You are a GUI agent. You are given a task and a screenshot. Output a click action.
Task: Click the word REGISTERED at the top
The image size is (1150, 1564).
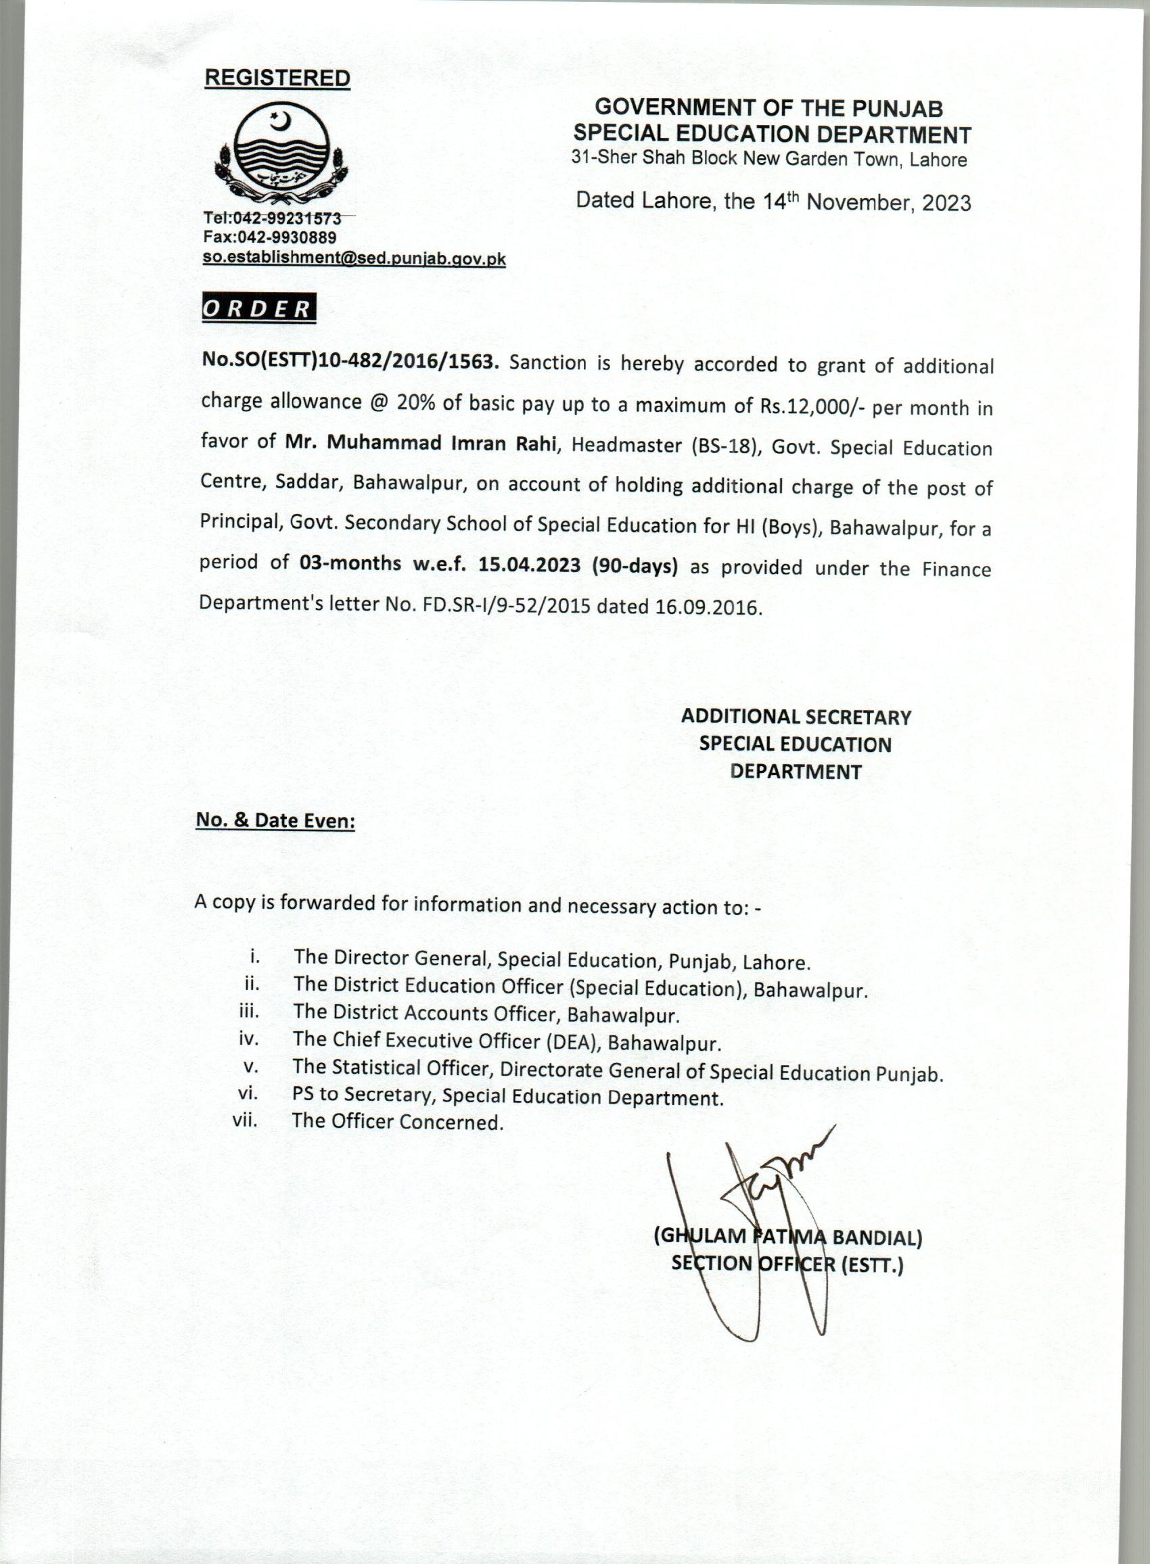click(277, 78)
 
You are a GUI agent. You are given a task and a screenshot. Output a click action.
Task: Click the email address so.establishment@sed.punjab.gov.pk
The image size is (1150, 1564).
click(354, 259)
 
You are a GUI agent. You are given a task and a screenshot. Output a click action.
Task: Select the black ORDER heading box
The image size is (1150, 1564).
click(258, 309)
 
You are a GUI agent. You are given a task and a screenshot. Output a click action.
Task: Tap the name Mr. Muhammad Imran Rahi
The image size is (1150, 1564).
click(421, 443)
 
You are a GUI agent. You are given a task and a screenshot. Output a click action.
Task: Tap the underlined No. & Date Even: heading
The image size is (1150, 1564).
click(276, 821)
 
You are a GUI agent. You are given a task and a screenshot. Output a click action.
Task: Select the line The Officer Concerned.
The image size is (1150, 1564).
click(398, 1122)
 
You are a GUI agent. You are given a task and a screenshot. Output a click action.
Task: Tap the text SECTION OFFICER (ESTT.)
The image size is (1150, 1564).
click(787, 1264)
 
